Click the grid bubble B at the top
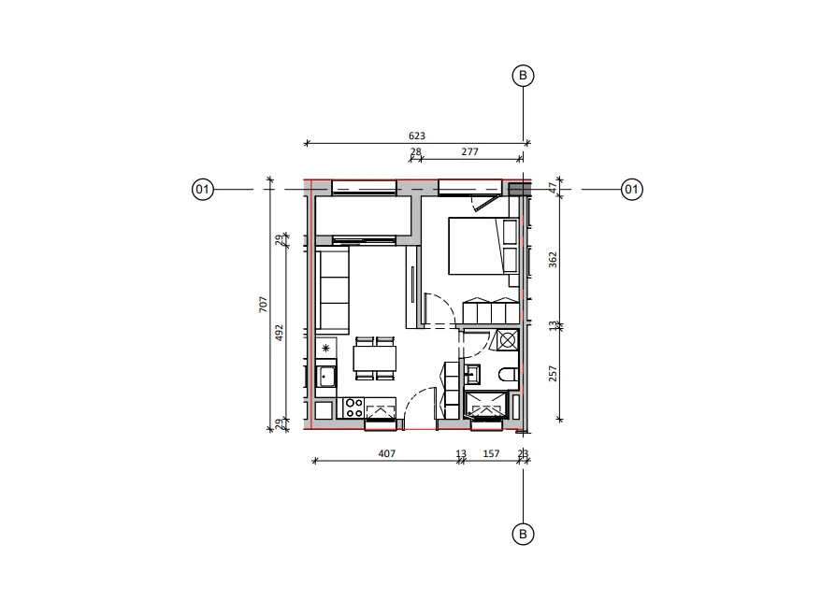click(x=523, y=76)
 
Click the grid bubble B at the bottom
click(x=523, y=535)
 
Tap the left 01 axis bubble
click(x=203, y=189)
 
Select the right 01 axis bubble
click(x=632, y=189)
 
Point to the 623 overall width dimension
click(x=417, y=136)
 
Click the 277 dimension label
click(x=469, y=151)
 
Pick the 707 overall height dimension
click(x=263, y=305)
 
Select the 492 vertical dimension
click(x=279, y=333)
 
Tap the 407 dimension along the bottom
click(x=387, y=454)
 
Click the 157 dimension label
click(x=491, y=454)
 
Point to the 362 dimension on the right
click(x=553, y=260)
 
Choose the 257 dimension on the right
click(x=553, y=373)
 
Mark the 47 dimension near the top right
click(x=553, y=187)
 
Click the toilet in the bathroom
click(x=509, y=375)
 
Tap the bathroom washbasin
click(x=472, y=374)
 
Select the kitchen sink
click(x=326, y=377)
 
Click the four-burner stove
click(x=354, y=408)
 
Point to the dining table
click(x=375, y=359)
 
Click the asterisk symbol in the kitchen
click(x=326, y=348)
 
